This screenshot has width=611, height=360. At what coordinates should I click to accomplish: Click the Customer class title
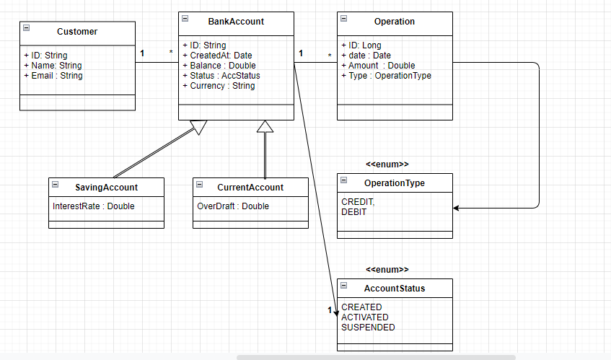[77, 32]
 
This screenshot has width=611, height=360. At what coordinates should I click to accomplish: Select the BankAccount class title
[236, 22]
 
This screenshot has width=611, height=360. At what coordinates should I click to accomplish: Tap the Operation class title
[395, 22]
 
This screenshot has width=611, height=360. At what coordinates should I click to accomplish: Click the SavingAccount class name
[106, 188]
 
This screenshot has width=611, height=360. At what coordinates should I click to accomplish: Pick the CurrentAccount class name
[250, 188]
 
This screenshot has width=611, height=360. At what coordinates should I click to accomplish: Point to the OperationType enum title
[395, 183]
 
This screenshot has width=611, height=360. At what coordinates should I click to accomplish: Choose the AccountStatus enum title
[395, 289]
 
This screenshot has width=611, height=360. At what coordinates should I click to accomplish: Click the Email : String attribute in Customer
[57, 76]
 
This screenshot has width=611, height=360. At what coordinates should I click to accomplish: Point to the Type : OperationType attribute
[386, 76]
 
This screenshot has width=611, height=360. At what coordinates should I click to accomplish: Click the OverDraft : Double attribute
[233, 206]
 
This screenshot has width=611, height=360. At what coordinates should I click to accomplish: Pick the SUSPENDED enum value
[368, 328]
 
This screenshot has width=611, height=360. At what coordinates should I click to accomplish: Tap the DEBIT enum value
[353, 212]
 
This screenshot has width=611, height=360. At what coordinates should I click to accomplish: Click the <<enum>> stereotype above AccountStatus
[387, 270]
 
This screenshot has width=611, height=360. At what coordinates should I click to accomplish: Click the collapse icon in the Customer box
[27, 28]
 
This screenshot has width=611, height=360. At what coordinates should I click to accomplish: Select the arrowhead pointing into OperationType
[457, 208]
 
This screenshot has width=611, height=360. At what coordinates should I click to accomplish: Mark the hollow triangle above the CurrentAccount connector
[265, 127]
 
